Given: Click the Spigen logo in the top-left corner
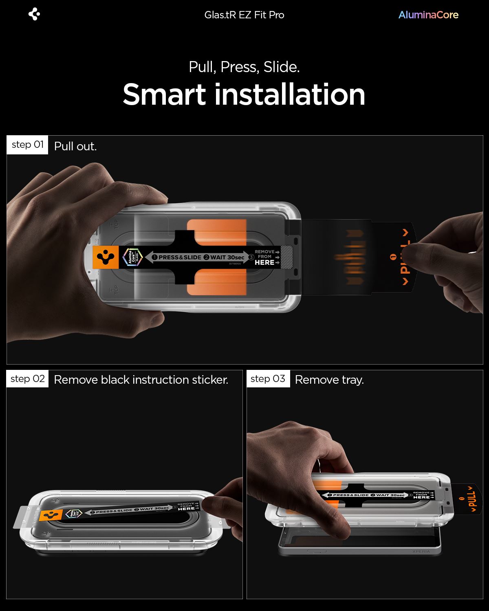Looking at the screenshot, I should (x=34, y=15).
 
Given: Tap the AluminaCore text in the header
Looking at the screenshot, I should (x=428, y=15).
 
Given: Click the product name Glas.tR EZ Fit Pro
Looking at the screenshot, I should (x=244, y=15).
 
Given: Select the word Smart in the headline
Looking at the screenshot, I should (x=164, y=95).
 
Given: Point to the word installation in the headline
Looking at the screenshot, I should (x=290, y=95).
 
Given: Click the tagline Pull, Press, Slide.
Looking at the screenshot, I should (x=244, y=67).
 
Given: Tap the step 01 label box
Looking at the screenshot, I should (x=27, y=145).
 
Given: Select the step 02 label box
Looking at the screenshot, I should (x=27, y=379).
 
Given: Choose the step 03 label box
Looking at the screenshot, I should (x=268, y=379).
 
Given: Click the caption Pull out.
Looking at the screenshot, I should (x=75, y=146).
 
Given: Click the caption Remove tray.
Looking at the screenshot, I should (x=329, y=380).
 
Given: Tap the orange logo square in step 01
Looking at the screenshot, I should (x=106, y=257).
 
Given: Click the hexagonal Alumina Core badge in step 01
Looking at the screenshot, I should (x=133, y=257).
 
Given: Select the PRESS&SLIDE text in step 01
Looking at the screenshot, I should (x=176, y=257).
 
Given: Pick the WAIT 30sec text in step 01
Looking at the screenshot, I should (x=224, y=257).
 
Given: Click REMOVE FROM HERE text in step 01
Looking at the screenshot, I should (x=265, y=257).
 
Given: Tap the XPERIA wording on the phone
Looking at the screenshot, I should (x=421, y=552).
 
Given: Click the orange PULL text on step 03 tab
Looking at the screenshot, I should (x=473, y=499).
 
